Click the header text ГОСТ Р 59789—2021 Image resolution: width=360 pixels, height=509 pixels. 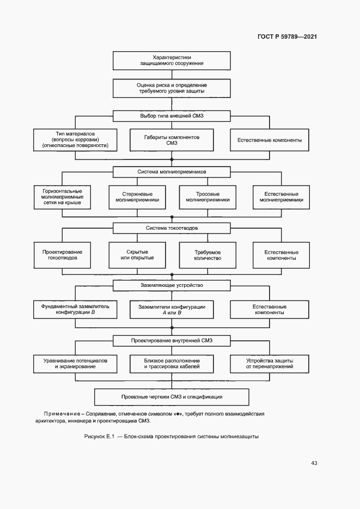point(287,37)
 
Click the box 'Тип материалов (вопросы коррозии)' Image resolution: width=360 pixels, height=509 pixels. point(75,140)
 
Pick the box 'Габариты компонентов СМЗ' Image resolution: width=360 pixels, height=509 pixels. point(172,140)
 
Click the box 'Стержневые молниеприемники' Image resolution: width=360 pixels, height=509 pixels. point(137,197)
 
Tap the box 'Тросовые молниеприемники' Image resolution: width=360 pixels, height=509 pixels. point(208,197)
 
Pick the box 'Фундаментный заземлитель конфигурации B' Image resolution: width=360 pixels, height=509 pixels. point(75,310)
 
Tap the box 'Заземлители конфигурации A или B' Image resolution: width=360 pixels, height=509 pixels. point(172,310)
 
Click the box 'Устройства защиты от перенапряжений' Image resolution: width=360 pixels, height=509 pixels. point(270,364)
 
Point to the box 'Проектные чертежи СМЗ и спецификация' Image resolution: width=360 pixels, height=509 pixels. point(172,396)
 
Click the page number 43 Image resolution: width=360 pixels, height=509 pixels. point(314,463)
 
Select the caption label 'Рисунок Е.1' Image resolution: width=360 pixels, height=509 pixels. point(101,437)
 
